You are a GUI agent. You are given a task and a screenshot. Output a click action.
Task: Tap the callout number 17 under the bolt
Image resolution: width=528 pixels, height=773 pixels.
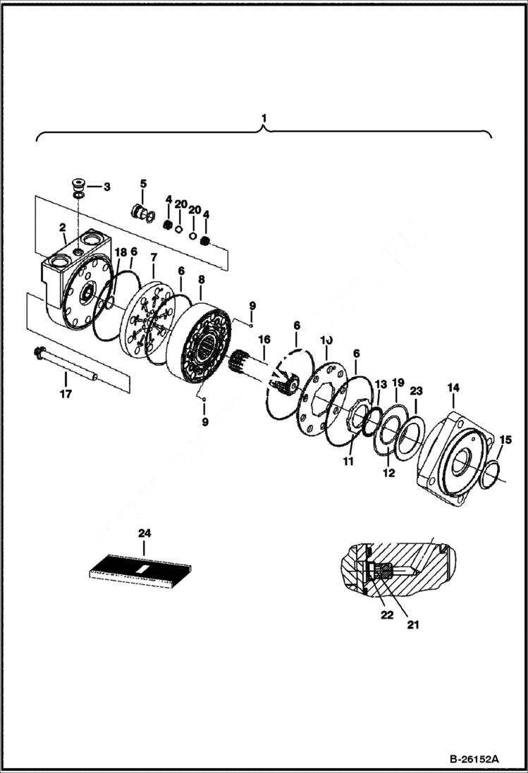[x=65, y=394]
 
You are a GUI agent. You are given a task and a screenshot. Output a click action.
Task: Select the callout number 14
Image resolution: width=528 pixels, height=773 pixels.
[x=453, y=388]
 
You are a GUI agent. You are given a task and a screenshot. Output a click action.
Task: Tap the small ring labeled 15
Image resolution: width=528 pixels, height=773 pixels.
[x=493, y=472]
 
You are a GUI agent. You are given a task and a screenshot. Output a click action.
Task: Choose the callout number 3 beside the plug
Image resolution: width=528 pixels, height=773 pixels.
[x=106, y=187]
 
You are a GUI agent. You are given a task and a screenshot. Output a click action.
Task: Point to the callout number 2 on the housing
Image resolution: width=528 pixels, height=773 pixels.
[x=63, y=227]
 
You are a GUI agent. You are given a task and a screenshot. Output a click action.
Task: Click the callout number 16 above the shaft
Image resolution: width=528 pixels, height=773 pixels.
[x=264, y=339]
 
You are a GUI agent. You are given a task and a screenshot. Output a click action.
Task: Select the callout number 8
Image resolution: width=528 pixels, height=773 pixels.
[x=202, y=279]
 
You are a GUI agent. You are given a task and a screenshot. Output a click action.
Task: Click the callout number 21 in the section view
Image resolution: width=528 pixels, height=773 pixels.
[x=413, y=624]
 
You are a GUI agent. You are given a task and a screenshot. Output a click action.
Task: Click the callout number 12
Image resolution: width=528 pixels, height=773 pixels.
[x=389, y=474]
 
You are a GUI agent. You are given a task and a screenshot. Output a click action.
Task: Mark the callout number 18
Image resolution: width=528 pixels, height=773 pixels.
[x=121, y=252]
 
